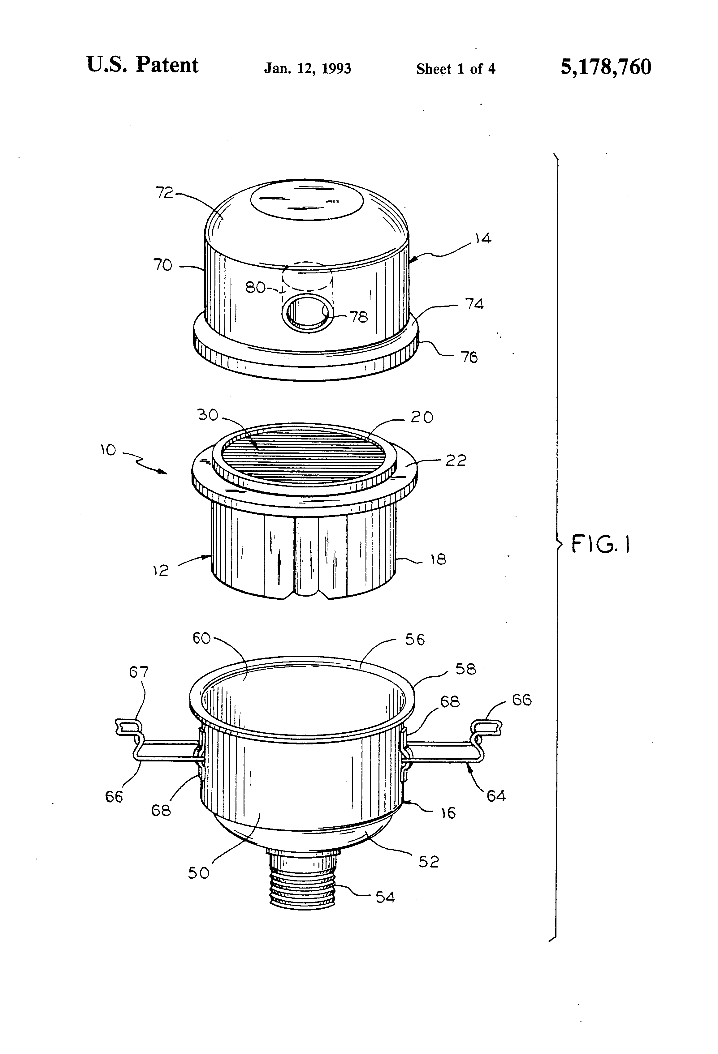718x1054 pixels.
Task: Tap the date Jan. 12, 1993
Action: coord(307,68)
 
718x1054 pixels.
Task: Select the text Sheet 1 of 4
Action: coord(455,69)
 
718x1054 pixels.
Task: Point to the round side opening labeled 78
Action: coord(308,313)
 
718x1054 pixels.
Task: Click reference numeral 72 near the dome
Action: coord(164,193)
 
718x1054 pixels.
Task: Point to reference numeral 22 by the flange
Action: coord(455,461)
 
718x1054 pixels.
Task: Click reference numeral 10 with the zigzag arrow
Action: coord(108,450)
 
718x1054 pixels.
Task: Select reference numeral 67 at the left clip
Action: coord(139,672)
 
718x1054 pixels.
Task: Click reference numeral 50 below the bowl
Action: coord(199,873)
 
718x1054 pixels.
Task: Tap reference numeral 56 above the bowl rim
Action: coord(415,640)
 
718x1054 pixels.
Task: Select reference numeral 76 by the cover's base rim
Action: coord(469,358)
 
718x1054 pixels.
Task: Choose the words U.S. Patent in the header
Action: coord(142,65)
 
